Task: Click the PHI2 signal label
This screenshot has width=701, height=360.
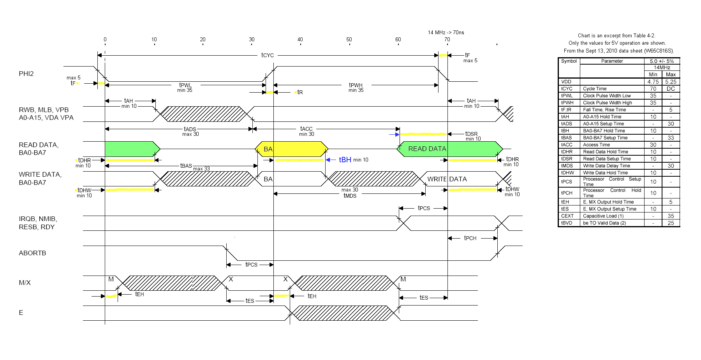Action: tap(26, 74)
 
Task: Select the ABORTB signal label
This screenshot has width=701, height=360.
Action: tap(32, 253)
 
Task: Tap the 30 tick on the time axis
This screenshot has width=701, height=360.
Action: tap(252, 40)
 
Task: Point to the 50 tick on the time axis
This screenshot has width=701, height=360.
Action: tap(349, 40)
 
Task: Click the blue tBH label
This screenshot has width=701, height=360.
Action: tap(345, 160)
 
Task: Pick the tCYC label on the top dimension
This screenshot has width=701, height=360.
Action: tap(268, 55)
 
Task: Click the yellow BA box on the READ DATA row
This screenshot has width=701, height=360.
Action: tap(291, 149)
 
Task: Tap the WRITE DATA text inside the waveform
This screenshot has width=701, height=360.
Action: tap(447, 179)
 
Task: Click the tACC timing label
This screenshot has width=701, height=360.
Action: tap(306, 129)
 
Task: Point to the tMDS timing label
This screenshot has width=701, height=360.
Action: tap(350, 196)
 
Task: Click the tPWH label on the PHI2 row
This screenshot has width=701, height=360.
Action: tap(356, 85)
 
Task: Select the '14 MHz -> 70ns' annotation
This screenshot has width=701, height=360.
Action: tap(446, 32)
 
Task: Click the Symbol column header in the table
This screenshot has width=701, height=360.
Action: tap(569, 61)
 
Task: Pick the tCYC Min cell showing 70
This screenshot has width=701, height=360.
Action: tap(653, 89)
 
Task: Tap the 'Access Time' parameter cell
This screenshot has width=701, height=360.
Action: tap(596, 145)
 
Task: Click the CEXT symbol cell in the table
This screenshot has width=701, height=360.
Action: tap(567, 216)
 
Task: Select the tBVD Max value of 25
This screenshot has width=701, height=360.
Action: tap(671, 223)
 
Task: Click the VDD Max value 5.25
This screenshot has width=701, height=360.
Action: tap(671, 82)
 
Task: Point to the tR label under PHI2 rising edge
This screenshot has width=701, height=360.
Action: tap(300, 92)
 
